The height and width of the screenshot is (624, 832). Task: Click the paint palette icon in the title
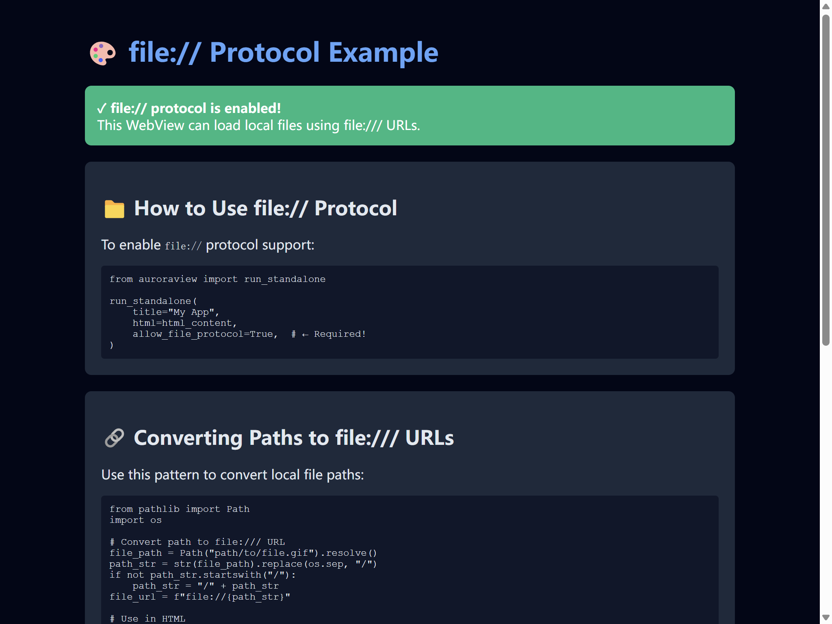pos(102,53)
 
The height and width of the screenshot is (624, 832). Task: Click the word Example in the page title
pos(383,53)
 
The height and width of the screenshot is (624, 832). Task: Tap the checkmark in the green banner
pos(102,108)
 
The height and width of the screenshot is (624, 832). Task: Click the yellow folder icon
pos(114,209)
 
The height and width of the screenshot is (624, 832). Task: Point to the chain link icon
pos(114,438)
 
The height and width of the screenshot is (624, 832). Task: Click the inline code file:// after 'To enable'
pos(183,246)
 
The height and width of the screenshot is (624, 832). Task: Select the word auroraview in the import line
pos(167,279)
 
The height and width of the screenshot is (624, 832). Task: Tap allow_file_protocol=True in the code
pos(205,334)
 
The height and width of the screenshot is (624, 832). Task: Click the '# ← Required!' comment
pos(328,334)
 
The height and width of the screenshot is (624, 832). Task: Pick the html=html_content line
pos(184,323)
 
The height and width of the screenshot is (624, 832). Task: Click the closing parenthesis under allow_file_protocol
pos(112,345)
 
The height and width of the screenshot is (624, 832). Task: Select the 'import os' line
pos(135,520)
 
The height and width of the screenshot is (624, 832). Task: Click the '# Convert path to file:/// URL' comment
pos(197,542)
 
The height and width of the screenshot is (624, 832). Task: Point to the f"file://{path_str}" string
pos(232,597)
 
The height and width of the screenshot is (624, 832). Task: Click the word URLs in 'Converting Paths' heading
pos(429,438)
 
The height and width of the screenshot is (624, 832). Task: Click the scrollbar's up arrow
pos(825,6)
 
